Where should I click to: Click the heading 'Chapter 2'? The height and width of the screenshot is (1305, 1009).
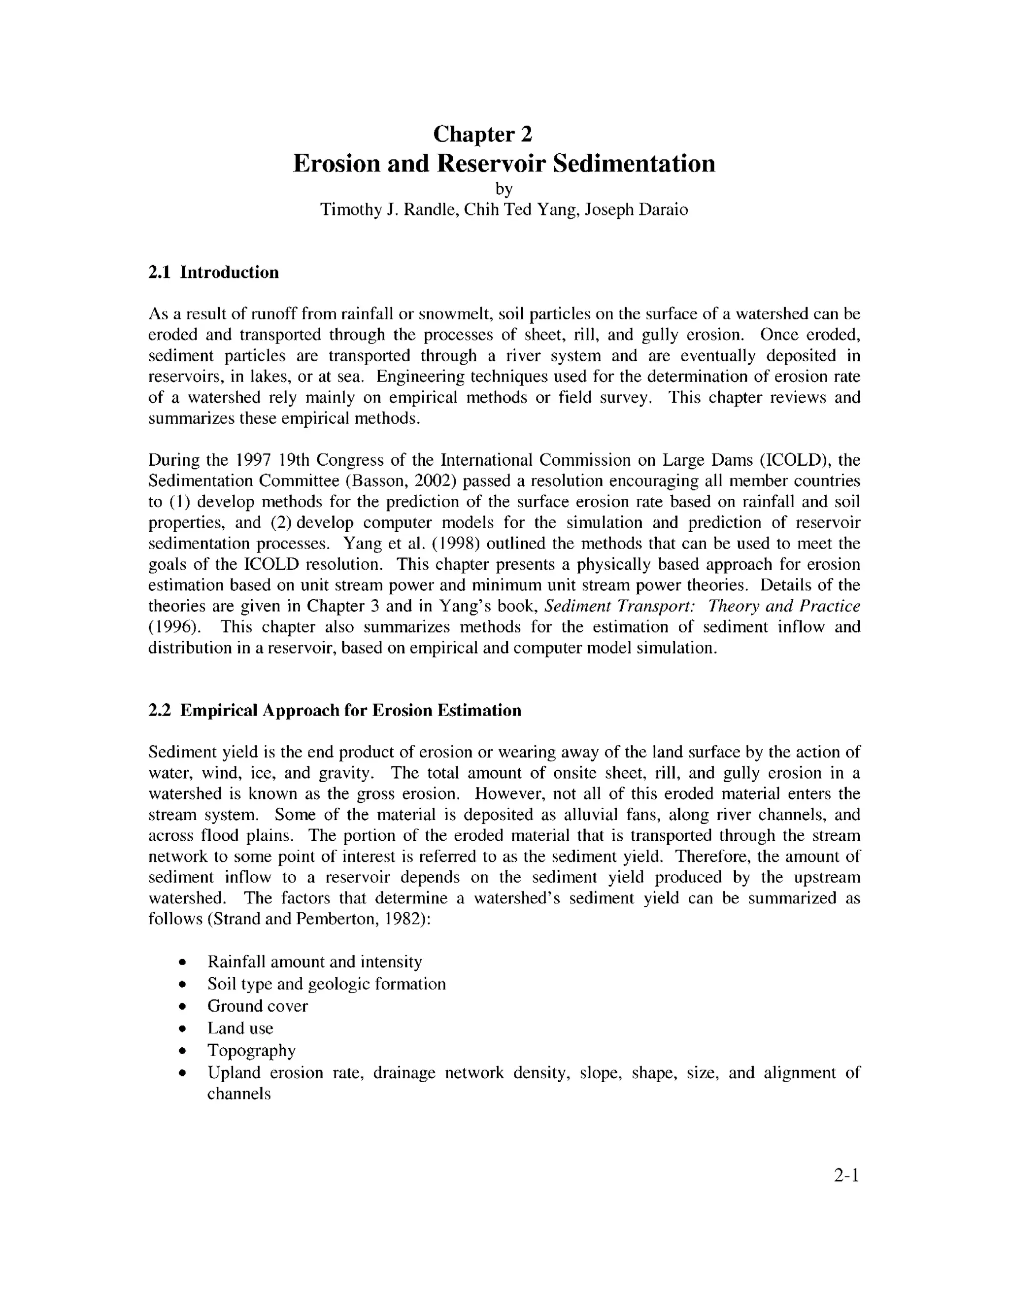coord(482,135)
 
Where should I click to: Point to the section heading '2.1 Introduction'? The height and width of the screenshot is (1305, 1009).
coord(213,273)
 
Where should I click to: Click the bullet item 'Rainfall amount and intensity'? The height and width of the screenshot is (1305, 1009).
coord(314,962)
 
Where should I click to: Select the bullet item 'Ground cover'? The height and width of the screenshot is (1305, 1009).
coord(258,1006)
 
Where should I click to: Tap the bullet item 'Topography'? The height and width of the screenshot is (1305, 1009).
coord(251,1050)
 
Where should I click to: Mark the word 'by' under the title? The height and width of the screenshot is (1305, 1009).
coord(504,189)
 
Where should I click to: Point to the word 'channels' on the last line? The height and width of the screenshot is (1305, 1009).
coord(239,1094)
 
